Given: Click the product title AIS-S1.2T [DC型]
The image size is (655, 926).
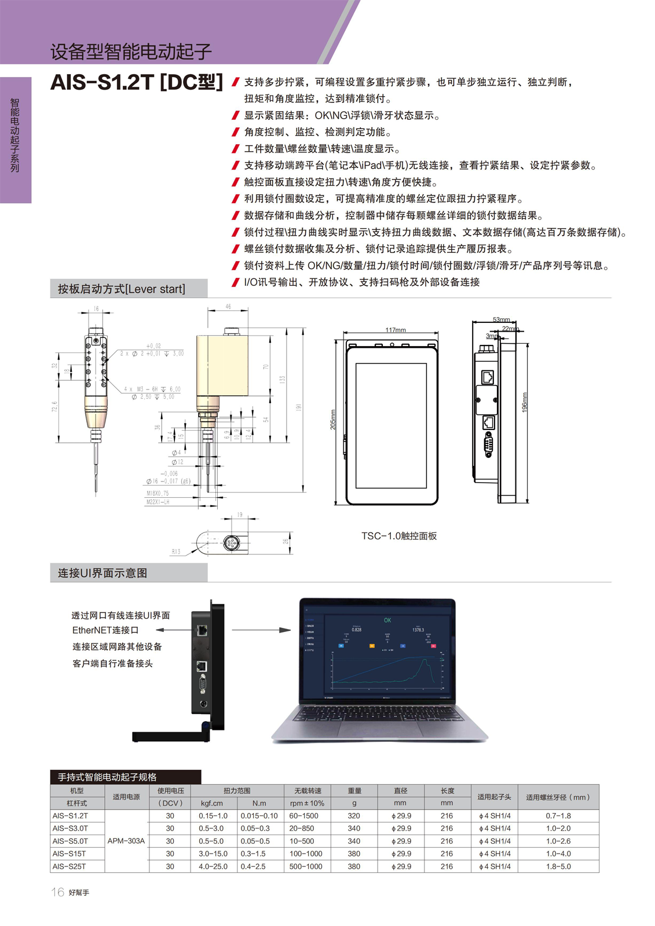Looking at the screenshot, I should [x=137, y=82].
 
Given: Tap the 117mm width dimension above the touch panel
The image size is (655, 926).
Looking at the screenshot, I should [x=396, y=330].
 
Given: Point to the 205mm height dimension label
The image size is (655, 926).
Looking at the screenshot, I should [x=333, y=420].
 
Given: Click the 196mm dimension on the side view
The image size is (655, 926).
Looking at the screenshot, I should [x=525, y=402].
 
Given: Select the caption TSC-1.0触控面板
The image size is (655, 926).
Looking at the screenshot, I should [x=399, y=536].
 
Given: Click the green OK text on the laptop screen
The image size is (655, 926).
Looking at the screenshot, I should [x=387, y=620].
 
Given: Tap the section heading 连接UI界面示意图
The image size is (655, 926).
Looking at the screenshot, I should [x=103, y=573].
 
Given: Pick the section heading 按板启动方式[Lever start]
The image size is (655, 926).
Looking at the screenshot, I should [x=122, y=289].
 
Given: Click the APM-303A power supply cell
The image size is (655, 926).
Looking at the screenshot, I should [x=126, y=841].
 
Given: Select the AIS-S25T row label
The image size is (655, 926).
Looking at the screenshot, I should [x=69, y=866].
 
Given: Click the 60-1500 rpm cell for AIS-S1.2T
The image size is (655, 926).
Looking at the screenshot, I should [x=303, y=815].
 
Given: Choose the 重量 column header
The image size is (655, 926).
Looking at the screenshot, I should [x=354, y=791].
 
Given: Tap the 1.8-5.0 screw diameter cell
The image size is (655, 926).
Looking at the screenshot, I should [x=558, y=866].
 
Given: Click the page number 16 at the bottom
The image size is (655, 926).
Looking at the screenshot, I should [x=57, y=892].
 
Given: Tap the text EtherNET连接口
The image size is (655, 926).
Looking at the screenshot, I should [x=105, y=630].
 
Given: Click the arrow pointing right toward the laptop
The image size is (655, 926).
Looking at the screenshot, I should [x=261, y=630].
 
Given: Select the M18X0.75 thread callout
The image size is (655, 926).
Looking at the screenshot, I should [x=158, y=494].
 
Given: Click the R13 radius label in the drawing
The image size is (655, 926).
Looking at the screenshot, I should [x=175, y=552].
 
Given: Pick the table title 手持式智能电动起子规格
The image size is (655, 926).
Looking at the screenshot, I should [x=107, y=777].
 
